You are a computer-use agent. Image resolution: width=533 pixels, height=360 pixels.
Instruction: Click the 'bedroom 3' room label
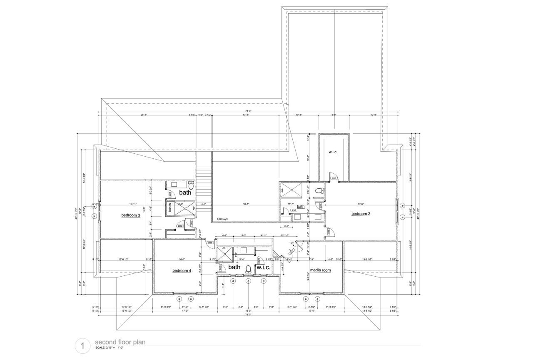[x=130, y=215]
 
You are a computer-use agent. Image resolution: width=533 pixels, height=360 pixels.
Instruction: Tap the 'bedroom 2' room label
[x=361, y=214]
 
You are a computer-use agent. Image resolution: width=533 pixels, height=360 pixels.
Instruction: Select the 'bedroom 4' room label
[x=182, y=270]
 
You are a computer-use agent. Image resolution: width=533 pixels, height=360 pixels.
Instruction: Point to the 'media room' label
[x=320, y=270]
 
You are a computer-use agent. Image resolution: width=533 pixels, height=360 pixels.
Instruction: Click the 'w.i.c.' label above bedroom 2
[x=332, y=152]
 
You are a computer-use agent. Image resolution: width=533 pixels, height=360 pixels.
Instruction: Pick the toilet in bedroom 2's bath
[x=320, y=190]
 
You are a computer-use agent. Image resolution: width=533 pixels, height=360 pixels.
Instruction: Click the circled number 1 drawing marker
[x=82, y=345]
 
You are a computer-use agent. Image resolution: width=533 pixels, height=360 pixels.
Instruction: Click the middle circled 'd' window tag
[x=248, y=281]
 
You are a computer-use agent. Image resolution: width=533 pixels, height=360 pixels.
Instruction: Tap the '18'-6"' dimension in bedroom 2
[x=360, y=204]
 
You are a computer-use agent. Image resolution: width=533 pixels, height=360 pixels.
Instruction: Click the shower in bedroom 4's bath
[x=224, y=254]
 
